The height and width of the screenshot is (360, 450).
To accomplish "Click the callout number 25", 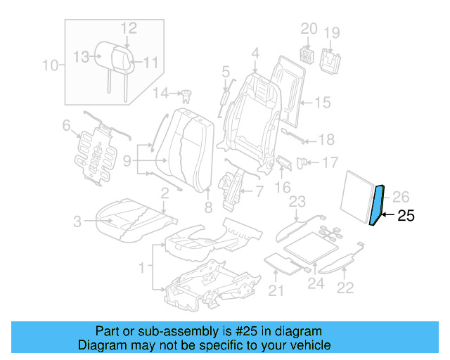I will (406, 216).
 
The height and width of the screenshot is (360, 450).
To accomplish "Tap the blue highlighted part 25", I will (378, 205).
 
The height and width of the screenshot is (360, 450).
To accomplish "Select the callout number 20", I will (309, 28).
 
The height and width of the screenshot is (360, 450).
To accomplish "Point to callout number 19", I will (331, 32).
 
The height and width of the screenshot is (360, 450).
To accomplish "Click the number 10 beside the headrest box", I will (50, 67).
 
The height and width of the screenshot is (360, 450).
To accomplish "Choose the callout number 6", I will (67, 126).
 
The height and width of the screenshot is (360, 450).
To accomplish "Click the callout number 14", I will (161, 93).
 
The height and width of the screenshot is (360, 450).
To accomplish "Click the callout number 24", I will (316, 284).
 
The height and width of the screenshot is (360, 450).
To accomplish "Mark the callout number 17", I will (330, 163).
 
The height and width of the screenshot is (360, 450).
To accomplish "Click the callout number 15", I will (321, 103).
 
